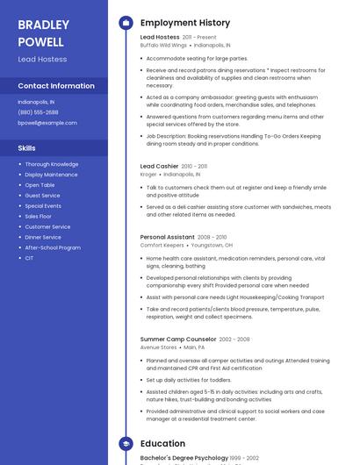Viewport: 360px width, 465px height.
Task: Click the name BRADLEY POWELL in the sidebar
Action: point(41,32)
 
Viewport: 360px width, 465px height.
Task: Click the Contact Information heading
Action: point(56,86)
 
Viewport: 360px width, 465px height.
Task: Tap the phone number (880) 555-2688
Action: point(38,112)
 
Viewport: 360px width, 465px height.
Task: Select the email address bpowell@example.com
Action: point(47,123)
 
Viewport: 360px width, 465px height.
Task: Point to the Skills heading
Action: point(26,148)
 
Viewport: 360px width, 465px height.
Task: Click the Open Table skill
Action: point(40,185)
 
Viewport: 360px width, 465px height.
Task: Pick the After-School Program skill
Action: point(53,247)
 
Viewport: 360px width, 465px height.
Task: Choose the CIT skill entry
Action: point(29,258)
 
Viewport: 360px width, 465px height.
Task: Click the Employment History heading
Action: point(185,23)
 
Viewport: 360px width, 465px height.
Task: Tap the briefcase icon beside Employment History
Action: point(126,23)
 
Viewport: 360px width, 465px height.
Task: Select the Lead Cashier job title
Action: point(160,166)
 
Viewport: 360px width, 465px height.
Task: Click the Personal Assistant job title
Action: point(167,237)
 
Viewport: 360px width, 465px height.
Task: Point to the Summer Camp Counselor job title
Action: point(178,339)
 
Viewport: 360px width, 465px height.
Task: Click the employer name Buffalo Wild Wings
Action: point(163,45)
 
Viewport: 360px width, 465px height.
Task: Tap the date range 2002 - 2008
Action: point(234,340)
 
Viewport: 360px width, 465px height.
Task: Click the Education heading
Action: point(162,444)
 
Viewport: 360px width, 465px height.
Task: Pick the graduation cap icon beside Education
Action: point(126,444)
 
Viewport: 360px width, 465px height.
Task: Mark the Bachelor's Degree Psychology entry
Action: point(184,459)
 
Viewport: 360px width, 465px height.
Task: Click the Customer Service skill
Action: point(47,226)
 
